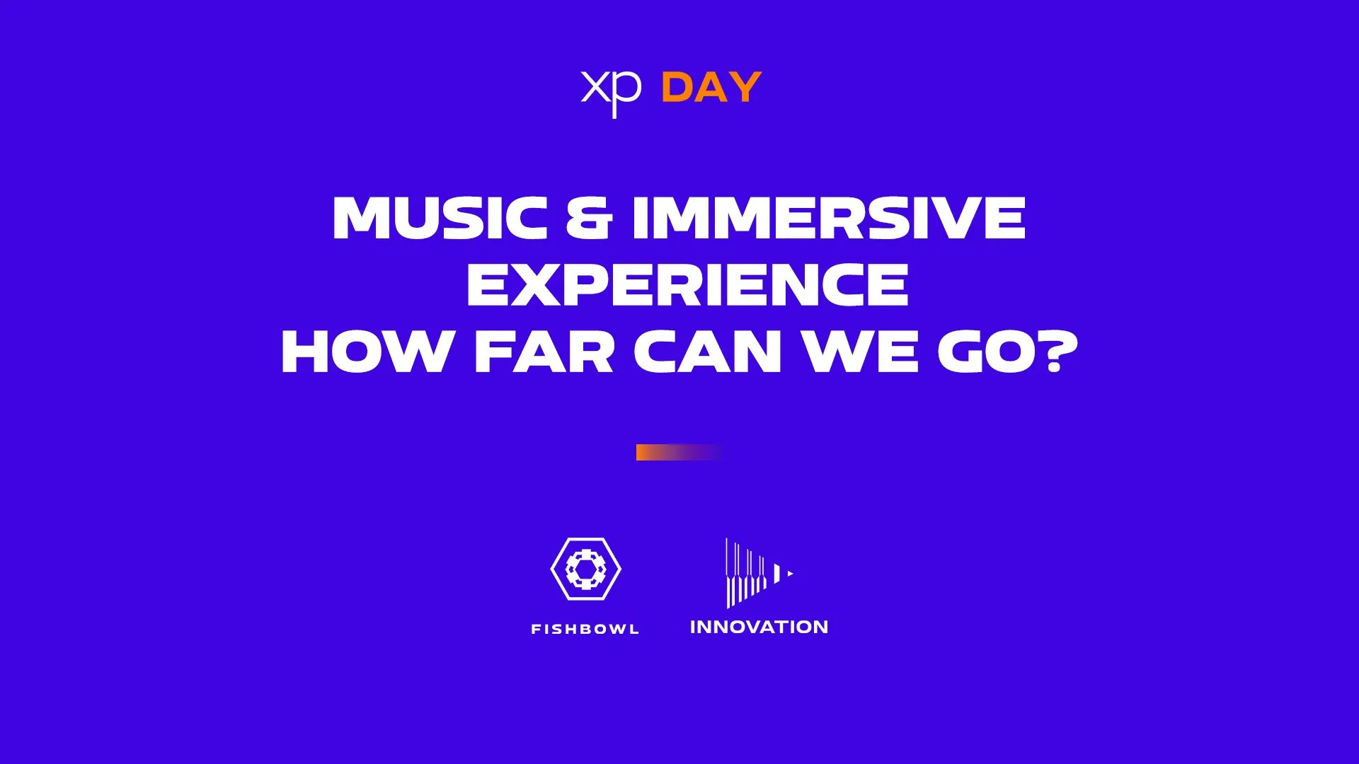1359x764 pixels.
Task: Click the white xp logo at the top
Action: [x=612, y=92]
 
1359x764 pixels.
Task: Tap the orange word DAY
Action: [x=711, y=88]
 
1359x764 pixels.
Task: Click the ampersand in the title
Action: [x=589, y=218]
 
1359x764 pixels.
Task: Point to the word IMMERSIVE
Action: [x=829, y=218]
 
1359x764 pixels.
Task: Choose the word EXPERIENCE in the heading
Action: [x=687, y=284]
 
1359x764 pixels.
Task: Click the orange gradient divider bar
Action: [x=679, y=452]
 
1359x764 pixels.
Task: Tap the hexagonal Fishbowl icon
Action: [x=586, y=569]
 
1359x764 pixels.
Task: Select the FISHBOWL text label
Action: [x=585, y=629]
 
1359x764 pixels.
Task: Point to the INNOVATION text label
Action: [x=759, y=627]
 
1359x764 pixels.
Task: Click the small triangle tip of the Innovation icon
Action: [x=791, y=574]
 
